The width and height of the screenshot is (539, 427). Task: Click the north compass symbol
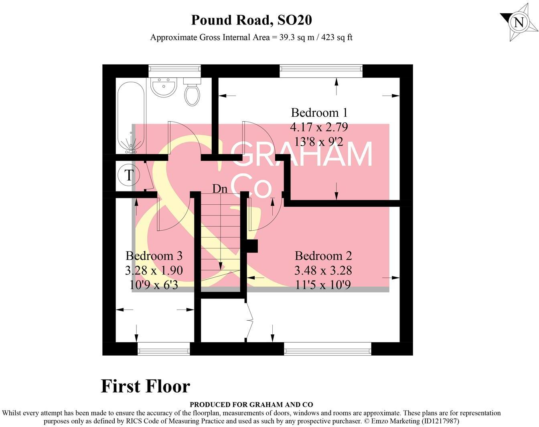(x=518, y=22)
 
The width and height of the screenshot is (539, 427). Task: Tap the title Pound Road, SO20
(x=251, y=20)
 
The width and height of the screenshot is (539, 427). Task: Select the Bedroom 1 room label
(x=319, y=112)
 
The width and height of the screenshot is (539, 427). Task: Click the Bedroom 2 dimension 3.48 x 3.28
(x=323, y=270)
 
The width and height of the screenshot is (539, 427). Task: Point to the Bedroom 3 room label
(x=154, y=256)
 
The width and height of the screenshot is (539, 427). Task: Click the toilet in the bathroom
(x=192, y=92)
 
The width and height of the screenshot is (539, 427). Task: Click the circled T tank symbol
(x=128, y=175)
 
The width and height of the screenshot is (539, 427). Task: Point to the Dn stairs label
(x=219, y=189)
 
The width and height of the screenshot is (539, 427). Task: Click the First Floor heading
(x=145, y=386)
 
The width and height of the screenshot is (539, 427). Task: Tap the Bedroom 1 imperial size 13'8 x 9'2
(x=319, y=142)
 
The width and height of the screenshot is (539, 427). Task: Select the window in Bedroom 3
(x=164, y=349)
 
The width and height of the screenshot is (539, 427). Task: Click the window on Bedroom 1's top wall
(x=321, y=71)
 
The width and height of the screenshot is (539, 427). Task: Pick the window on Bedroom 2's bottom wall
(x=328, y=349)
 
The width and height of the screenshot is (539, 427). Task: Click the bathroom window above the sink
(x=174, y=71)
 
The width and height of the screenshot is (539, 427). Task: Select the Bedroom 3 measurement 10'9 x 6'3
(x=154, y=285)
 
